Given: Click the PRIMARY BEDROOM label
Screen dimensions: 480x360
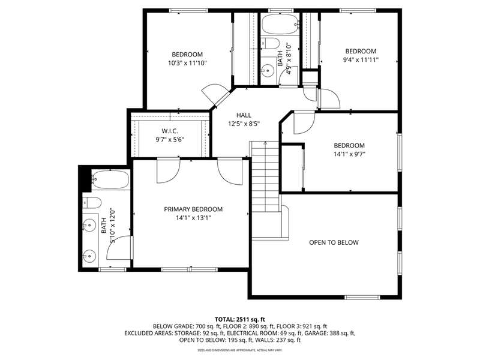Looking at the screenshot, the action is point(193,209).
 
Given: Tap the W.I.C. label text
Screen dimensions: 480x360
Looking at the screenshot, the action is point(170,131).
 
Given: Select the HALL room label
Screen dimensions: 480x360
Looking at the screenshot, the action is point(244,115).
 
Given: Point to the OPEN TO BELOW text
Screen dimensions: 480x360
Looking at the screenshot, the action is point(334,242).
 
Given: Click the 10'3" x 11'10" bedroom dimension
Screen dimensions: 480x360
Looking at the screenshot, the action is point(187,64).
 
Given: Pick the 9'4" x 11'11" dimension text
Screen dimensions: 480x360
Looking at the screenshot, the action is point(361,59).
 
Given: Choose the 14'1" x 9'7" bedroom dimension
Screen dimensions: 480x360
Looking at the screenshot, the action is point(349,154).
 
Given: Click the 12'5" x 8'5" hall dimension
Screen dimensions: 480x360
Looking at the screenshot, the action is point(244,124).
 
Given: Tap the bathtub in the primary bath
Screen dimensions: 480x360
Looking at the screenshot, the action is point(110,179).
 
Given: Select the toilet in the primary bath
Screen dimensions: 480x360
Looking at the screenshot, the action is point(92,202).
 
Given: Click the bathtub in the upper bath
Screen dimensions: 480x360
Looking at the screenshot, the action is point(280,24).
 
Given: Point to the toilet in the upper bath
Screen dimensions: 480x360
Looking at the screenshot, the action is point(270,43).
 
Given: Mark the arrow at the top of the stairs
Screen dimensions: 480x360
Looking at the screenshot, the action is point(265,143).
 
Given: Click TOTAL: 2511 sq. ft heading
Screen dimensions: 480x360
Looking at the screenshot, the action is point(239,320).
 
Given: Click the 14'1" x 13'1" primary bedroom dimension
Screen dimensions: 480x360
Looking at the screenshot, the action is point(193,218).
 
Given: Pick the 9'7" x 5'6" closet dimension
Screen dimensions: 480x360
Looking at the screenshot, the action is point(170,140).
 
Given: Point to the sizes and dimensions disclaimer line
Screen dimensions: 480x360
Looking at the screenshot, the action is point(239,350).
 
